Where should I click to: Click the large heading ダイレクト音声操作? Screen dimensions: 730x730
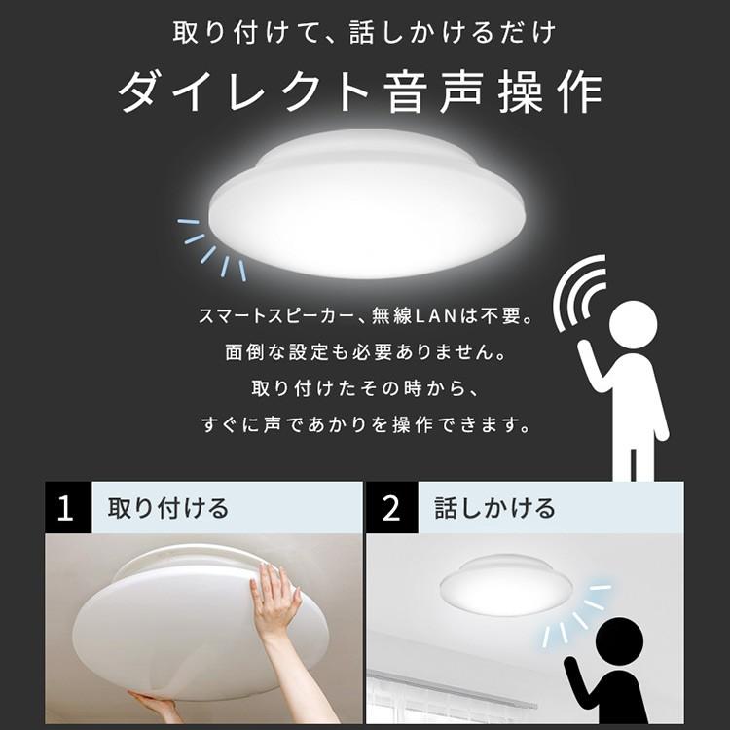click(361, 93)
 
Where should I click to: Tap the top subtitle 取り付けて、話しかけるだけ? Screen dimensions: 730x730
click(364, 33)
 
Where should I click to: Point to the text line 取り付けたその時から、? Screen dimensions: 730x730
click(364, 389)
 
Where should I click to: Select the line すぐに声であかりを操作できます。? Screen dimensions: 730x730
click(364, 425)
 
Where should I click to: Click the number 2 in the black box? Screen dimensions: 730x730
click(391, 509)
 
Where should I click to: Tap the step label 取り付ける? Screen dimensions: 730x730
click(167, 509)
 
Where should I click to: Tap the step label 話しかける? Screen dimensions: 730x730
click(494, 509)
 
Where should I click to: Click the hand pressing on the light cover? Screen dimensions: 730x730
click(275, 602)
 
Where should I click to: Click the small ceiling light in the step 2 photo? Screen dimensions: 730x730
click(504, 584)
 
